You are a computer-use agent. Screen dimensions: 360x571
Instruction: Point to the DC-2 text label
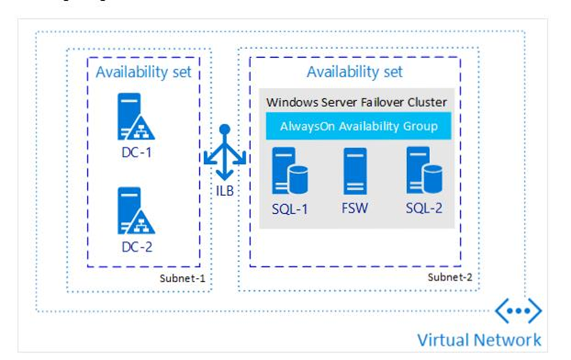click(x=137, y=247)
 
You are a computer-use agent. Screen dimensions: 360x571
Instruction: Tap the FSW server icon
click(x=355, y=171)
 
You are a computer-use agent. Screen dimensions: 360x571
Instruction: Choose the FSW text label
click(x=355, y=209)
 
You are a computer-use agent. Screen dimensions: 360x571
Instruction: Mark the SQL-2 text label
click(x=424, y=209)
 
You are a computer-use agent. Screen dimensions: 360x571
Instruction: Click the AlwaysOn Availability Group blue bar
click(x=358, y=126)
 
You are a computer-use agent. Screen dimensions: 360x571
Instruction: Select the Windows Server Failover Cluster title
click(x=357, y=101)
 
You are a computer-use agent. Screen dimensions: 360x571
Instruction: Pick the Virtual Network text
click(x=479, y=339)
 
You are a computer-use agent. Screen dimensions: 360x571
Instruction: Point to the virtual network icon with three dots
click(x=518, y=311)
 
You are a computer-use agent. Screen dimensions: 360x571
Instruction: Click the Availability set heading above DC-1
click(x=143, y=72)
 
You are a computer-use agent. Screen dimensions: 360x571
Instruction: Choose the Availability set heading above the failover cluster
click(x=355, y=72)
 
